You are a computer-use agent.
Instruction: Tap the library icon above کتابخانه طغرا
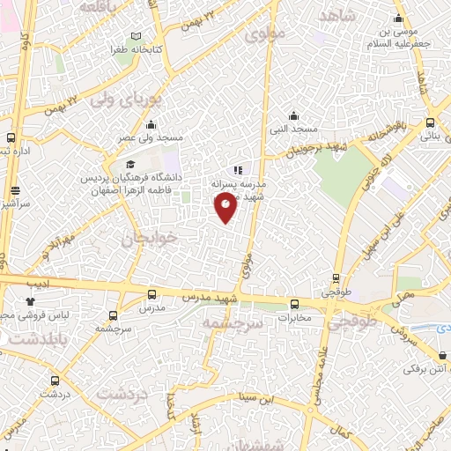(135, 36)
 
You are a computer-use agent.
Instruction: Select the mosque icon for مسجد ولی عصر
(152, 124)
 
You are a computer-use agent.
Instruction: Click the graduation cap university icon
(130, 165)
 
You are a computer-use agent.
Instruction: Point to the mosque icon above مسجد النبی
(294, 115)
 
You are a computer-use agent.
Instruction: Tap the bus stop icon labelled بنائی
(429, 123)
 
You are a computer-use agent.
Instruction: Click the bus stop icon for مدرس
(152, 295)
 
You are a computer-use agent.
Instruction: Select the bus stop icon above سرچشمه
(113, 314)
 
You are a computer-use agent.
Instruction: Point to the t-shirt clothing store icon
(30, 301)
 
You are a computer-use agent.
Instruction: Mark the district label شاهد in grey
(336, 18)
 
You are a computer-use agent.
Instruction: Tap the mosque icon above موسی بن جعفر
(398, 18)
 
